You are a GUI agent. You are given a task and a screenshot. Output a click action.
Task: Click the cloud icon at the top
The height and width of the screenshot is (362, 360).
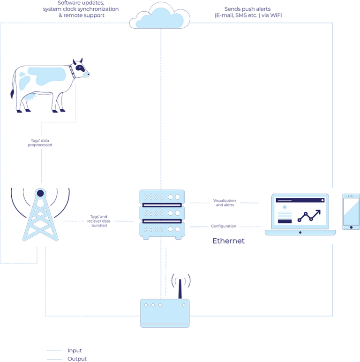pyautogui.click(x=160, y=16)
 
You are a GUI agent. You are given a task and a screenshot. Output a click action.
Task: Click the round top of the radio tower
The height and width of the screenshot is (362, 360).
pyautogui.click(x=41, y=192)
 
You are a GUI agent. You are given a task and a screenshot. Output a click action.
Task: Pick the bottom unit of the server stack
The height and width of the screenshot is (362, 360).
pyautogui.click(x=162, y=229)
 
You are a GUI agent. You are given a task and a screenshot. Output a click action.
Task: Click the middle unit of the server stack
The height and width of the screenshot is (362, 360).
pyautogui.click(x=162, y=213)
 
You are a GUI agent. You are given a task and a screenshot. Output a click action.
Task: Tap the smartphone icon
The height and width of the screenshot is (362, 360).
pyautogui.click(x=351, y=211)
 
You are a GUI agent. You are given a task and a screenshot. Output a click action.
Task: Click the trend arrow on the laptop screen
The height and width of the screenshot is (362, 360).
pyautogui.click(x=309, y=216)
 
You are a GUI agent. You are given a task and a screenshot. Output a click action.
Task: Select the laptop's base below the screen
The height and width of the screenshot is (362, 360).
pyautogui.click(x=300, y=232)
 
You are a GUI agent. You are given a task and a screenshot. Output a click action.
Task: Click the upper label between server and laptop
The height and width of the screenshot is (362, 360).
pyautogui.click(x=225, y=202)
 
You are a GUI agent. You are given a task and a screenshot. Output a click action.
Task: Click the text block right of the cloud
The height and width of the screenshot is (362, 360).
pyautogui.click(x=248, y=12)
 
